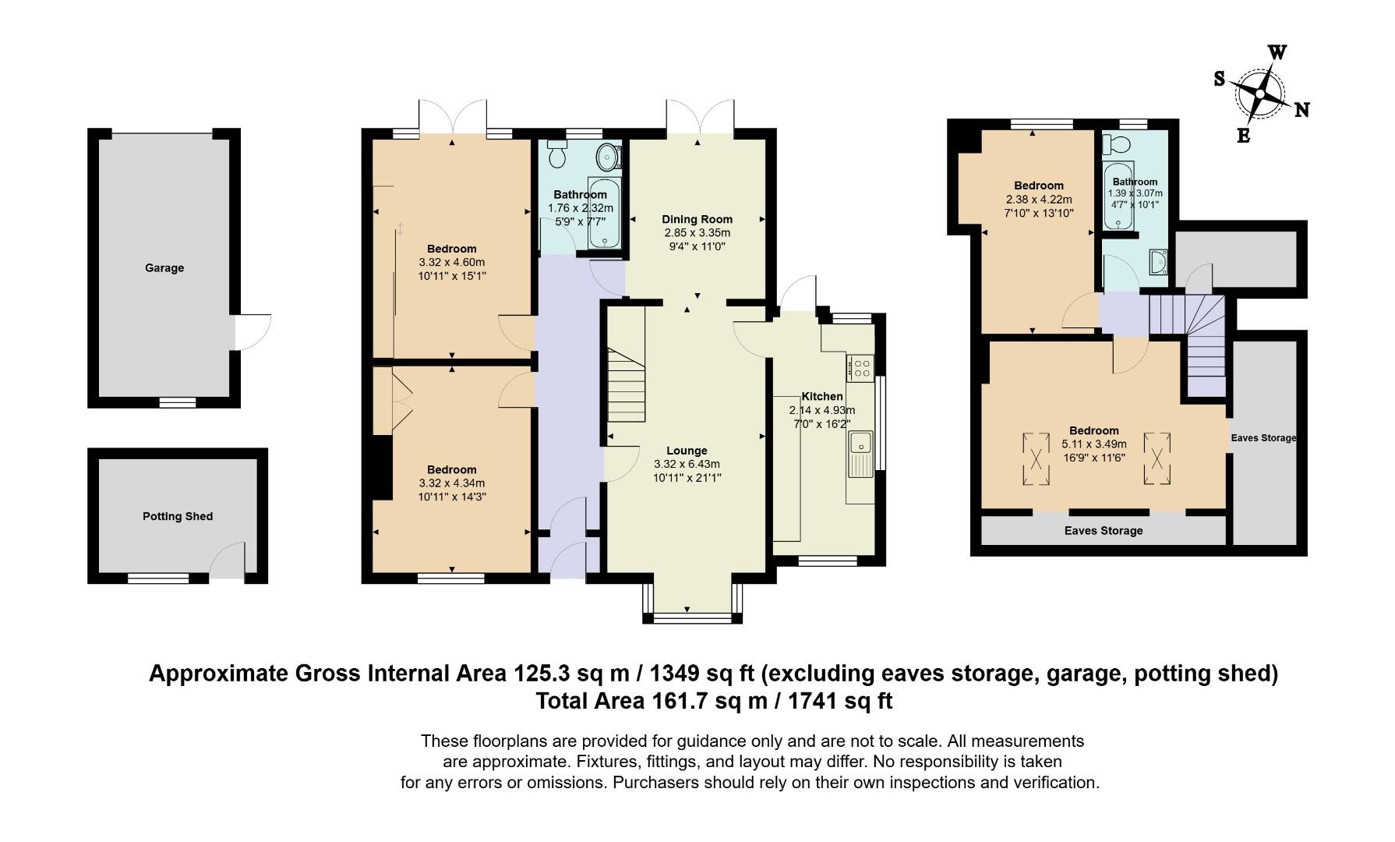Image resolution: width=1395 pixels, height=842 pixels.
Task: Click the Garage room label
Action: click(x=164, y=268)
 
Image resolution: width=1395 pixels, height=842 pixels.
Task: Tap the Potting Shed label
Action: click(x=178, y=516)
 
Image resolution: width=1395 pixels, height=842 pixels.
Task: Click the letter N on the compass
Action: click(x=1301, y=110)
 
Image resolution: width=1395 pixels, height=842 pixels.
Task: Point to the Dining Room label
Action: click(x=697, y=219)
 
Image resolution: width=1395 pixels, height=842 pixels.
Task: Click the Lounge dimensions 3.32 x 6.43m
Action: click(x=687, y=464)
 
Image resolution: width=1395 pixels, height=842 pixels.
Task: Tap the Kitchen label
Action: click(x=821, y=396)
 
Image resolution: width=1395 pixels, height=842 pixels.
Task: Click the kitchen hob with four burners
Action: click(x=861, y=367)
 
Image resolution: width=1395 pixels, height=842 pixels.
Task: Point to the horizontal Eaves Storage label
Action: click(x=1103, y=531)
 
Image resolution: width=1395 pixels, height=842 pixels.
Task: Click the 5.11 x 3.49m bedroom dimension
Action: click(x=1093, y=444)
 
